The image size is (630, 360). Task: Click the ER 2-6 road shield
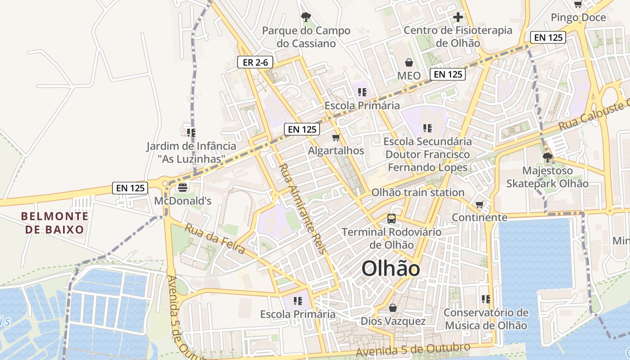click(255, 63)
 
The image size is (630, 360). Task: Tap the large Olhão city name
click(391, 269)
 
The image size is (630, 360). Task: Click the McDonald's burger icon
click(183, 187)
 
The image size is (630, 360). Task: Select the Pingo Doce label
click(578, 18)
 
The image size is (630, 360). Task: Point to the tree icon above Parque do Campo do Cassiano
click(306, 18)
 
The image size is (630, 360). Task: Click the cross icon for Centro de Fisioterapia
click(458, 18)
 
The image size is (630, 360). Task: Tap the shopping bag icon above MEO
click(409, 63)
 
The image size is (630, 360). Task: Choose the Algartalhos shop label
click(336, 151)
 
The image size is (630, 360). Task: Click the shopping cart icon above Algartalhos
click(336, 137)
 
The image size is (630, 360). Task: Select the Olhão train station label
click(418, 193)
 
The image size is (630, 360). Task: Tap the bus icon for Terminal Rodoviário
click(391, 219)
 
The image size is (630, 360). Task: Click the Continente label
click(480, 217)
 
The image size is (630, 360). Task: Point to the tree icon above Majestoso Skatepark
click(547, 157)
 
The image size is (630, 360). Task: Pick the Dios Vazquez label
click(393, 321)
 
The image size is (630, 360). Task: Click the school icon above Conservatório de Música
click(486, 299)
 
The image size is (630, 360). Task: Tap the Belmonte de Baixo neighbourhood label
click(54, 223)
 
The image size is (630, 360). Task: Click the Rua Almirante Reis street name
click(301, 209)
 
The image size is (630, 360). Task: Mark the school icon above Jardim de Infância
click(191, 132)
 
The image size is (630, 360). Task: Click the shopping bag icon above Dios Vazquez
click(393, 308)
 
